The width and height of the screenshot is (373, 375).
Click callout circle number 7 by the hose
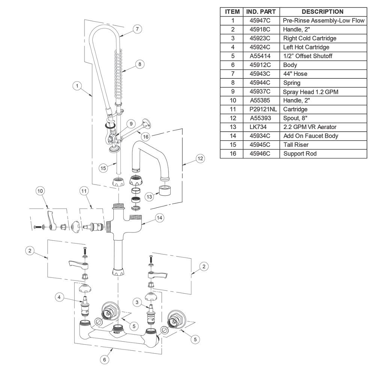138,29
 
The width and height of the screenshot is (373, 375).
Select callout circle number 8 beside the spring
139,64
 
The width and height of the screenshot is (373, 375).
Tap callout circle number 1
77,86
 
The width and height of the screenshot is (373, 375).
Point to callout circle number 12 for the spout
200,159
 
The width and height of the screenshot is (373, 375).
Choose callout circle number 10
40,191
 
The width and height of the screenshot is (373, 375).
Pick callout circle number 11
84,191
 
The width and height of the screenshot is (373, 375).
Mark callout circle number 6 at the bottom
105,359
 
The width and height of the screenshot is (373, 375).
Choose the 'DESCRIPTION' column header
322,12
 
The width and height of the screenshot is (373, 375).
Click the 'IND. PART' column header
262,12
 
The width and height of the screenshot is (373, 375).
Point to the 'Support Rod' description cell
300,154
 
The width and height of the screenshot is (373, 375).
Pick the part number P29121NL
262,109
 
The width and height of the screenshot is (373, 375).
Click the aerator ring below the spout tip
166,190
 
